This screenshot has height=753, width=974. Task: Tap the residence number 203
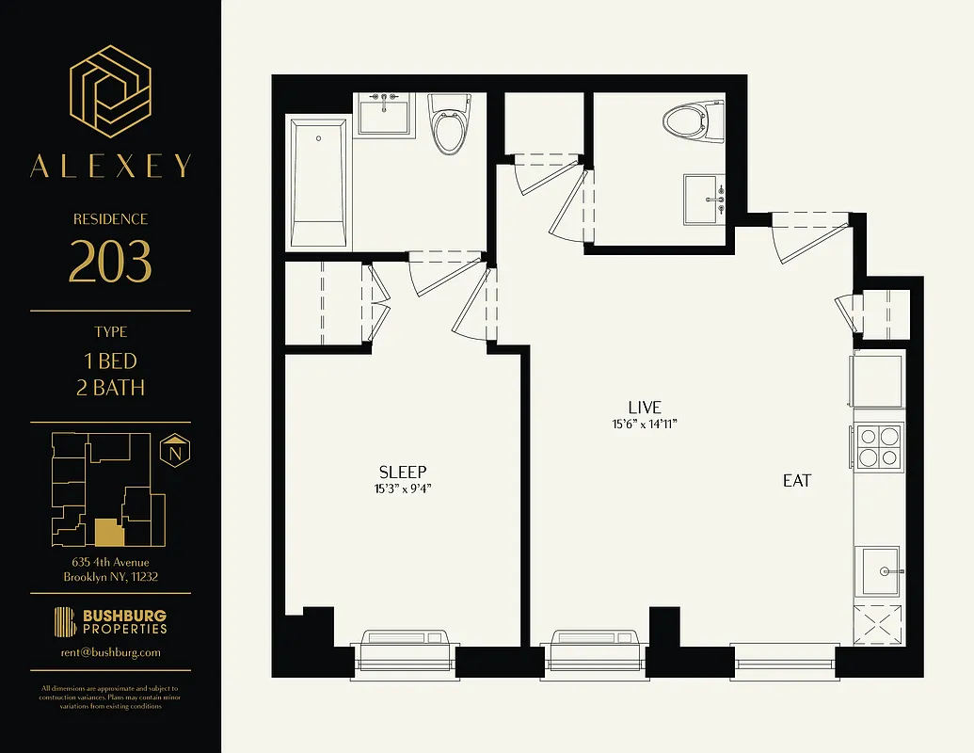click(110, 262)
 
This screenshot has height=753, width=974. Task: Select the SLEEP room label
click(403, 472)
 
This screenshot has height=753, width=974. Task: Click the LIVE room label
click(645, 408)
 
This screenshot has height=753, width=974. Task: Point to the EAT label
click(796, 480)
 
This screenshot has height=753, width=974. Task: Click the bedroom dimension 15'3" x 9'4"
click(403, 489)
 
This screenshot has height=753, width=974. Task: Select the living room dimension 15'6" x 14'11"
click(645, 425)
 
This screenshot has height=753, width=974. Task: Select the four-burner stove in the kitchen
click(877, 446)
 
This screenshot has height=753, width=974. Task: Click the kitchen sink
click(878, 570)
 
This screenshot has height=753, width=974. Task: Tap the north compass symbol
click(173, 453)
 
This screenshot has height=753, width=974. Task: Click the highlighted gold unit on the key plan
click(108, 534)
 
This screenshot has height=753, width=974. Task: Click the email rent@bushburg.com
click(110, 652)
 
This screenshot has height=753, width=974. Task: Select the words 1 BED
click(110, 361)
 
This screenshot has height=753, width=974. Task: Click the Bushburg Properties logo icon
click(65, 622)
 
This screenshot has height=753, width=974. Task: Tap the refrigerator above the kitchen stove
click(877, 381)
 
